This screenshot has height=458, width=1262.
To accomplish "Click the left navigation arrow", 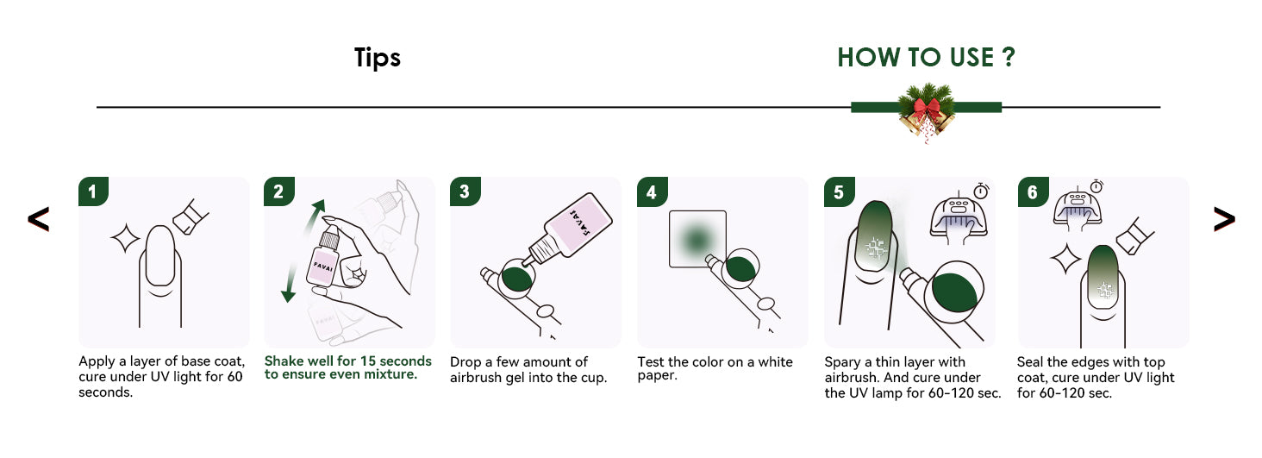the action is (38, 219).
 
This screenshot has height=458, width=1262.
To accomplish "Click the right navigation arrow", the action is (1224, 219).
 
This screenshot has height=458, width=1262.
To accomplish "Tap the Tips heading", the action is (377, 58).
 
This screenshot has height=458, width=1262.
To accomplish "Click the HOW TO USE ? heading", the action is (926, 58).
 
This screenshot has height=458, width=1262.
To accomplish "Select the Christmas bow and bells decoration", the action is (926, 111).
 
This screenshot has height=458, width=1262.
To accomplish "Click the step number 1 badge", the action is (93, 191).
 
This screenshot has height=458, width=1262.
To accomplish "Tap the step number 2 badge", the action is (279, 191).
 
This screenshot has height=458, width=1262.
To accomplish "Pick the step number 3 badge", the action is (465, 191).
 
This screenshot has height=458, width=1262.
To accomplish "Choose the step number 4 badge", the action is (653, 191).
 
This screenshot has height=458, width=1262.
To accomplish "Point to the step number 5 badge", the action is (840, 191).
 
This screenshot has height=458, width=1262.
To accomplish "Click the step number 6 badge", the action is (1034, 191).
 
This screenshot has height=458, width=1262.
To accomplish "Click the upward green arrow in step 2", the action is (313, 217).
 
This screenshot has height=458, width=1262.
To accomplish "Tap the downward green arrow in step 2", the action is (291, 282).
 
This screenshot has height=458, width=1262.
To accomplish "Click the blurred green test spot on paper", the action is (697, 240).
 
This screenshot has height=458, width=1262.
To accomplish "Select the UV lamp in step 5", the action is (959, 217).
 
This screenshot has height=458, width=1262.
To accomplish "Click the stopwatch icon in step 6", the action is (1096, 185).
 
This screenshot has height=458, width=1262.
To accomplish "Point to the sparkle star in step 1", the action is (124, 238).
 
